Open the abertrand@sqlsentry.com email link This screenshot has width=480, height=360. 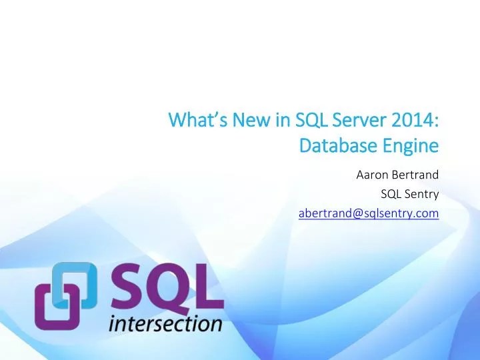368,213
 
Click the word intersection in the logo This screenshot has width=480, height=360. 165,324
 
